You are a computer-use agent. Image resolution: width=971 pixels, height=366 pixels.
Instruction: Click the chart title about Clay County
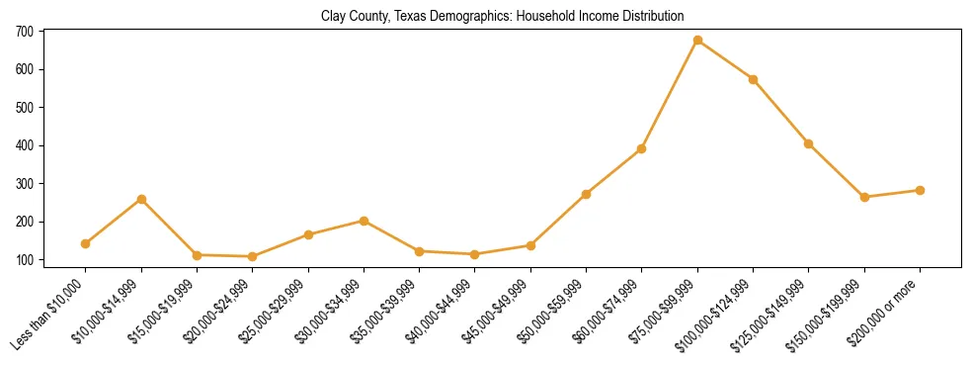pos(502,16)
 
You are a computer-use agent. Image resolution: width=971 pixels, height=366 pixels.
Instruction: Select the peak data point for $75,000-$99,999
pos(697,41)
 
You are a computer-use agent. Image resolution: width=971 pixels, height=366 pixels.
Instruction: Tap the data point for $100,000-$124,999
pos(754,79)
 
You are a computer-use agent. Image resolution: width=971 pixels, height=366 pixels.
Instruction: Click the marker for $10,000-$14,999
pos(141,199)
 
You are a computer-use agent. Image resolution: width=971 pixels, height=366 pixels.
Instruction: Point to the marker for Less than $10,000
pos(86,243)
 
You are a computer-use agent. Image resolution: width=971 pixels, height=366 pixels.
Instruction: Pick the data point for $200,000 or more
pos(920,190)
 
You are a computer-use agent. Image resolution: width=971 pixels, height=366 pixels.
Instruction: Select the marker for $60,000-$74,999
pos(642,148)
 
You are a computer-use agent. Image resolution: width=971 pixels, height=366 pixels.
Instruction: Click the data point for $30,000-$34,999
pos(364,221)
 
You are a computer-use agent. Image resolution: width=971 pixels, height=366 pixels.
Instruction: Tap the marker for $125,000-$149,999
pos(809,143)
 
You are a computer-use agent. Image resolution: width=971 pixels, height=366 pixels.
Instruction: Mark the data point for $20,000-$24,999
pos(253,256)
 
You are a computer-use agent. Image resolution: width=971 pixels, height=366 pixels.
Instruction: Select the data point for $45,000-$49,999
pos(530,245)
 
